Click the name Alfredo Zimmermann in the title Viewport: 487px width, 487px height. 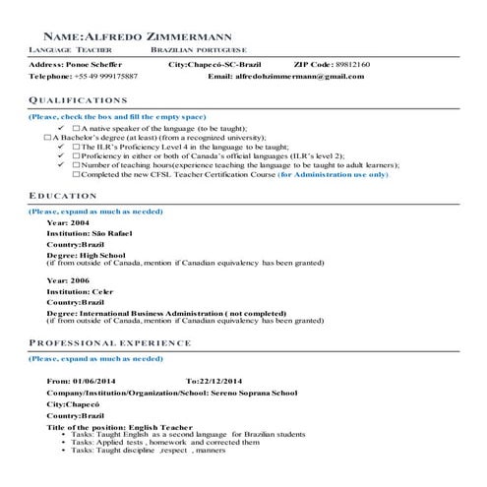coord(187,36)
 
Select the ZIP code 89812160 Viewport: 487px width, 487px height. coord(351,64)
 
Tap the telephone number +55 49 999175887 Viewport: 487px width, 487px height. coord(103,76)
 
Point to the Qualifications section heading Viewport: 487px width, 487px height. coord(79,100)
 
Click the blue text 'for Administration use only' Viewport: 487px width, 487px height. coord(334,174)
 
